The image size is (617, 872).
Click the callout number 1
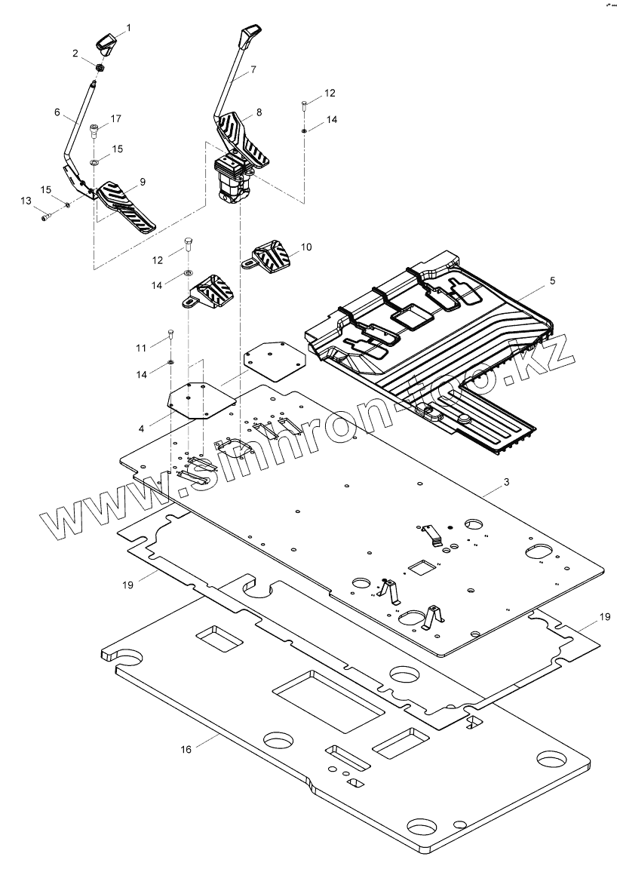[127, 28]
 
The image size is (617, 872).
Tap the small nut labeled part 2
[100, 67]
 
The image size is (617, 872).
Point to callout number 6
[57, 111]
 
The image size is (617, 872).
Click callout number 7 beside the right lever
[253, 69]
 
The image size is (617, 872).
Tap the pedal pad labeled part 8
[243, 136]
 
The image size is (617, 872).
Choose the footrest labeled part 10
[269, 257]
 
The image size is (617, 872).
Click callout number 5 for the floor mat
[552, 281]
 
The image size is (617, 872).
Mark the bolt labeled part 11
[170, 336]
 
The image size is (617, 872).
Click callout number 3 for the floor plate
[505, 481]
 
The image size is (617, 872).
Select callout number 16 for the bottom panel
[186, 749]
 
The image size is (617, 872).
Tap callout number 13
[27, 201]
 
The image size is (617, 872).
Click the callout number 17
[116, 118]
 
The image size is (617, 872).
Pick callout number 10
[305, 247]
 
